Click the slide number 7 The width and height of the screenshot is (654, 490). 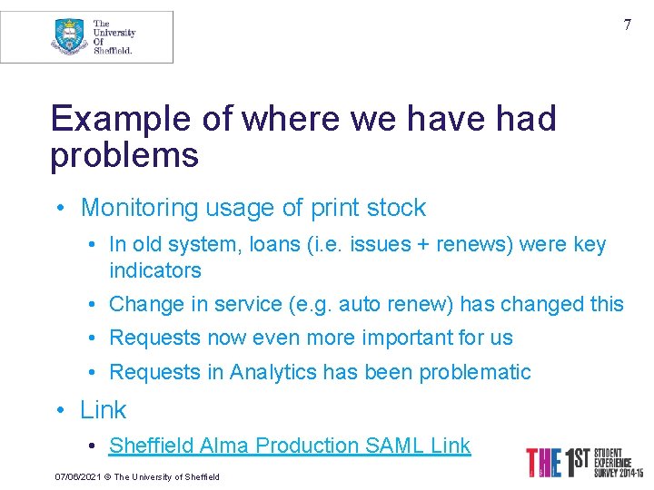click(627, 25)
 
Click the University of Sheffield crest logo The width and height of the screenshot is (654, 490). click(69, 36)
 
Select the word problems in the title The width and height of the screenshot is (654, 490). click(124, 155)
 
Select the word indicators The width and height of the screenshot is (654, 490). click(155, 270)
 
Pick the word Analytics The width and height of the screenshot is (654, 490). click(273, 372)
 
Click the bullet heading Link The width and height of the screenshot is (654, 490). click(104, 410)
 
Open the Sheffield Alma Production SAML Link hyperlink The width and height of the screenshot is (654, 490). click(290, 446)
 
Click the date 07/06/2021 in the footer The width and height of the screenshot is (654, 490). click(77, 476)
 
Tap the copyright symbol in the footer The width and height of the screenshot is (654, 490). click(106, 476)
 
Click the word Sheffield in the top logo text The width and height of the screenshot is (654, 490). click(113, 51)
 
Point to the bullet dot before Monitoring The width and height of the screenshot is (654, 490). click(59, 209)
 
